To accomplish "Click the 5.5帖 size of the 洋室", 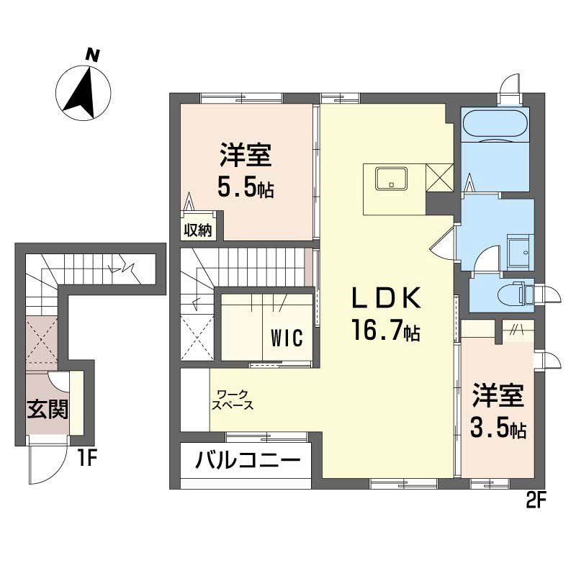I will [x=246, y=188].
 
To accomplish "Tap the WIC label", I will [x=291, y=338].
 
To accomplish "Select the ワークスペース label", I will [x=232, y=400].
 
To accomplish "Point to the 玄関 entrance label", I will [x=48, y=410].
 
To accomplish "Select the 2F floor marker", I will [x=534, y=498].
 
